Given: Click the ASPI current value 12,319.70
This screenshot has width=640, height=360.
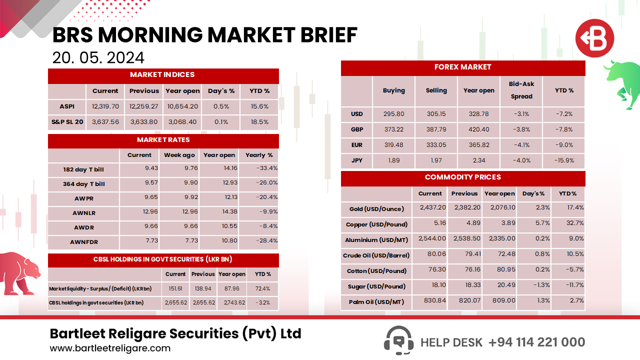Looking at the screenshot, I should click(x=105, y=106).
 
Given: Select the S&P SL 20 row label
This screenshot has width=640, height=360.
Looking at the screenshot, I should click(x=67, y=121).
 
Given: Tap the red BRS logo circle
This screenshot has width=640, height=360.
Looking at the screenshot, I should click(x=594, y=38).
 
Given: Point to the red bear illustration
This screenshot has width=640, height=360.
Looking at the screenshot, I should click(x=19, y=272).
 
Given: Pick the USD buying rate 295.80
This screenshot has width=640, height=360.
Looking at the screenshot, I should click(x=393, y=114).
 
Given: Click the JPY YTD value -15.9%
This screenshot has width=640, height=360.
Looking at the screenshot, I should click(x=564, y=160).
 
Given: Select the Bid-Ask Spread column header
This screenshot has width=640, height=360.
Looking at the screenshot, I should click(x=521, y=90).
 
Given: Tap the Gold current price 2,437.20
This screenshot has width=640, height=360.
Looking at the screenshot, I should click(x=430, y=207).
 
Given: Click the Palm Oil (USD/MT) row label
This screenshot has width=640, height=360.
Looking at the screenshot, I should click(x=376, y=302).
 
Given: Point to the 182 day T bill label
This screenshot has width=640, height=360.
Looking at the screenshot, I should click(x=83, y=169).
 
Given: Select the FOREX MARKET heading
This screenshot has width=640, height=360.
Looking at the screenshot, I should click(x=462, y=67).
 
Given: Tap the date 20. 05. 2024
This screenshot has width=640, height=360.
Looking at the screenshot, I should click(x=98, y=57).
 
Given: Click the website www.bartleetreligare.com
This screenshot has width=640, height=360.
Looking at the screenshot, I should click(x=110, y=348).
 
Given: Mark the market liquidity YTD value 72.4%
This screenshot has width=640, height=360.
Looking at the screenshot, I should click(x=262, y=288).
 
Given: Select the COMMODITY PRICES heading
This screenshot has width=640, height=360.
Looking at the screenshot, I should click(x=462, y=177).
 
